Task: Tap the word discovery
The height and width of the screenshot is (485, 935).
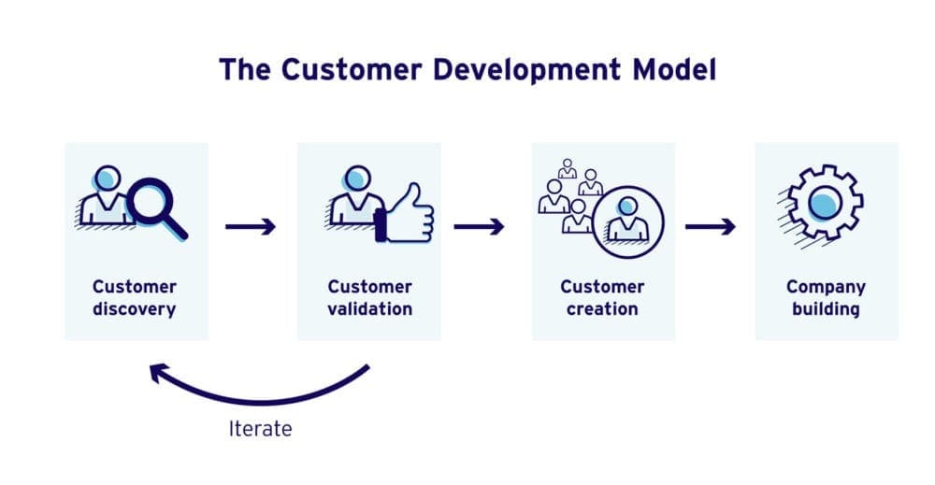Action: click(x=135, y=309)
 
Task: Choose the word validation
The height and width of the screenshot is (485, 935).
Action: click(x=368, y=309)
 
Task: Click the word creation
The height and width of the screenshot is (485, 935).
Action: click(x=602, y=309)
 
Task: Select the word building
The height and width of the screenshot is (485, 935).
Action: click(x=826, y=309)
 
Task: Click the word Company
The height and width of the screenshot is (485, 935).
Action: click(x=826, y=287)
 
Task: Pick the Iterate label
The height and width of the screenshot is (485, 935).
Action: click(x=260, y=429)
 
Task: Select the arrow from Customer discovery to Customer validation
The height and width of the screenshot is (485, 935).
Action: click(x=251, y=226)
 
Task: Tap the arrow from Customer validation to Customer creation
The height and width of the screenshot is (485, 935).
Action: click(x=479, y=226)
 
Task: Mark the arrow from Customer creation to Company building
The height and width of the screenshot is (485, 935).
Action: click(x=710, y=226)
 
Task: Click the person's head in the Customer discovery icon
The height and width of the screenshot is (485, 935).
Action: click(x=108, y=178)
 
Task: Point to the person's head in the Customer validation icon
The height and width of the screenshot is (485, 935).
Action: click(x=355, y=178)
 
